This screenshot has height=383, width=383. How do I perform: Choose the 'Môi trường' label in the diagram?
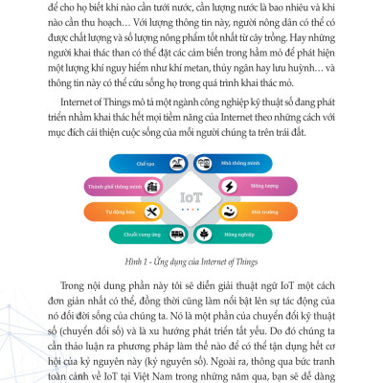pos(264,210)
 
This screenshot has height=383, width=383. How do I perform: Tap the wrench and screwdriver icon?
pos(154,210)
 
